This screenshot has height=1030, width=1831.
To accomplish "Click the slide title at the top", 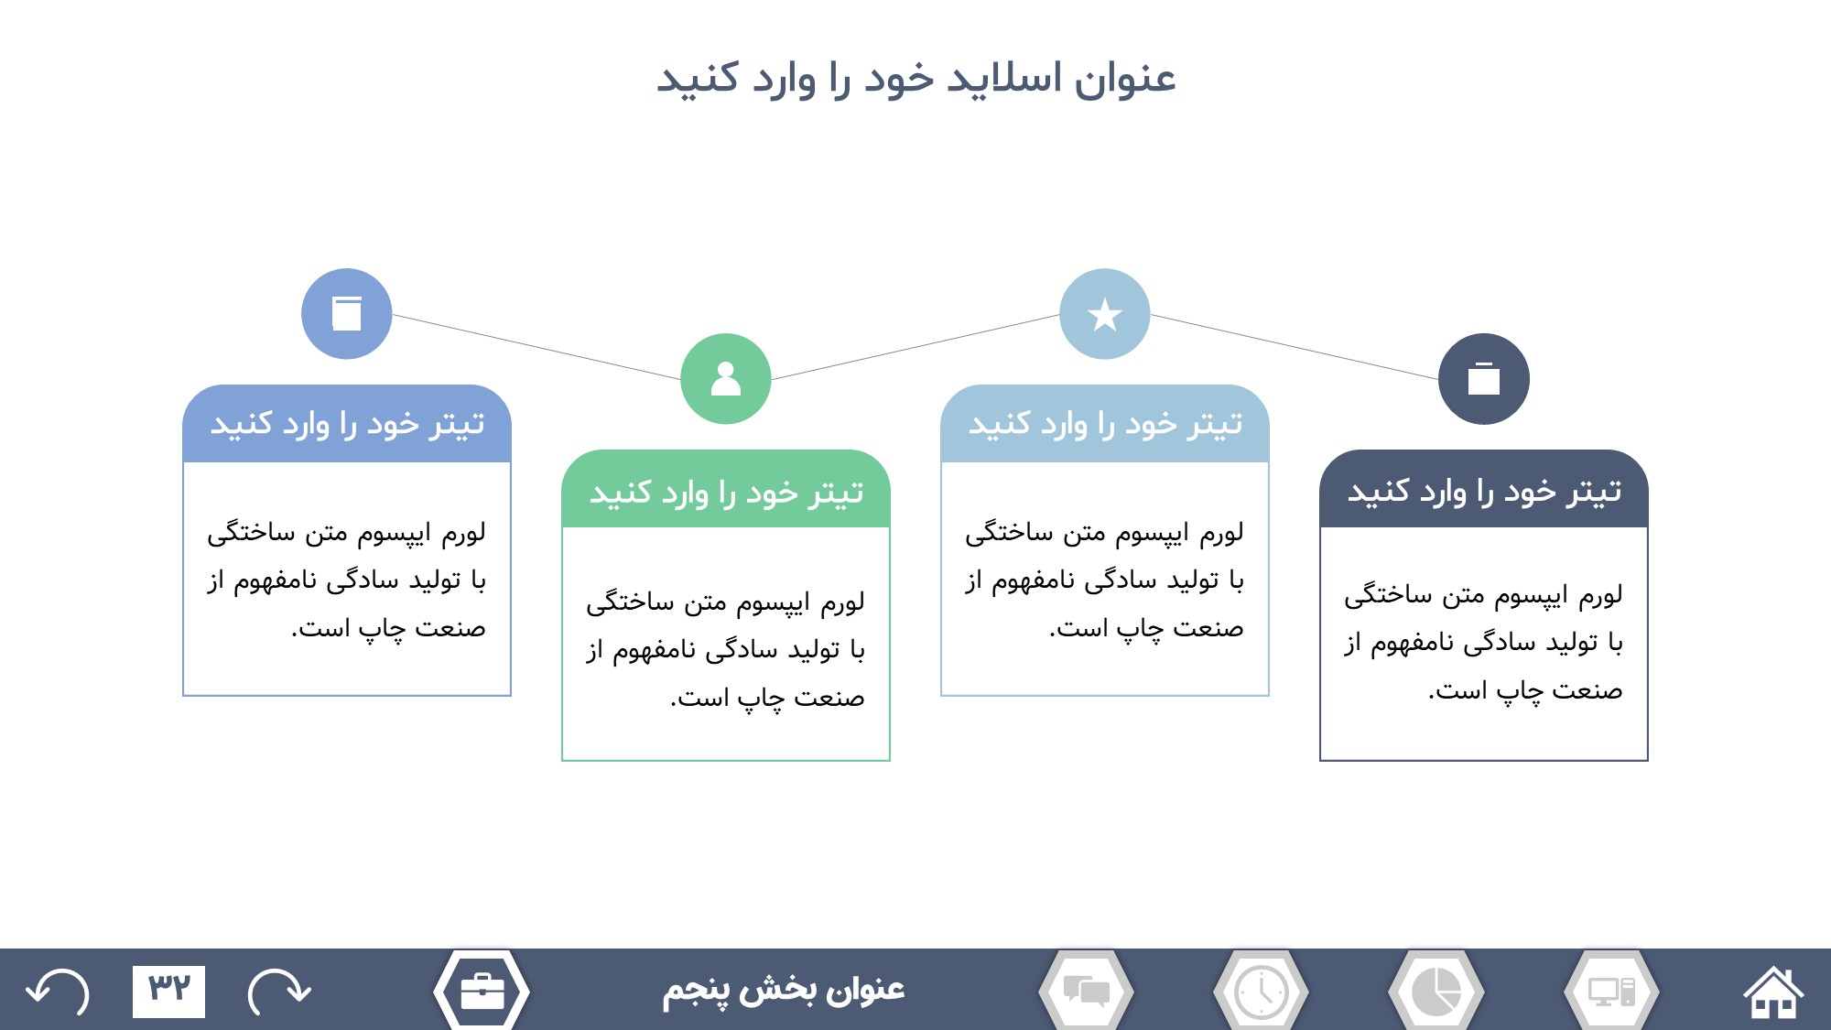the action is (x=915, y=79).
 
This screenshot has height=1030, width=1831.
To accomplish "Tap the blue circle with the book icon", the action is (x=347, y=314).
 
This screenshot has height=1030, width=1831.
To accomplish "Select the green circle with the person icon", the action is (x=726, y=379).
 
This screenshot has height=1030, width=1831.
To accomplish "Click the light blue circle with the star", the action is (x=1105, y=314).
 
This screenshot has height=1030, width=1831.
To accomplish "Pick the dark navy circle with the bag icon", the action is (x=1484, y=379).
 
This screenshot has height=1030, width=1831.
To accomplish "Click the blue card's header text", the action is (x=347, y=424).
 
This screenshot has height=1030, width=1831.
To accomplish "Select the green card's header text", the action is (x=726, y=493).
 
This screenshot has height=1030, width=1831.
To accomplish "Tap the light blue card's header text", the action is (x=1105, y=424).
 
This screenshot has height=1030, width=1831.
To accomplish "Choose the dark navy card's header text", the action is (x=1484, y=492).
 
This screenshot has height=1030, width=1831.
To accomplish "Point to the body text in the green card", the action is (x=726, y=649).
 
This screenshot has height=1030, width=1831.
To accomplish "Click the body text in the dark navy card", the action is (x=1484, y=643).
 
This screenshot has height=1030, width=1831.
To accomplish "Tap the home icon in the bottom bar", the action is (x=1773, y=991).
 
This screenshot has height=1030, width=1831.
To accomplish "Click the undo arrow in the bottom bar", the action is (x=58, y=992).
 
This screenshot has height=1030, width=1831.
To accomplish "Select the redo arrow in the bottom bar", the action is (x=279, y=992).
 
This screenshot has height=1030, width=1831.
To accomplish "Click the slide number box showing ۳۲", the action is (x=168, y=992).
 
